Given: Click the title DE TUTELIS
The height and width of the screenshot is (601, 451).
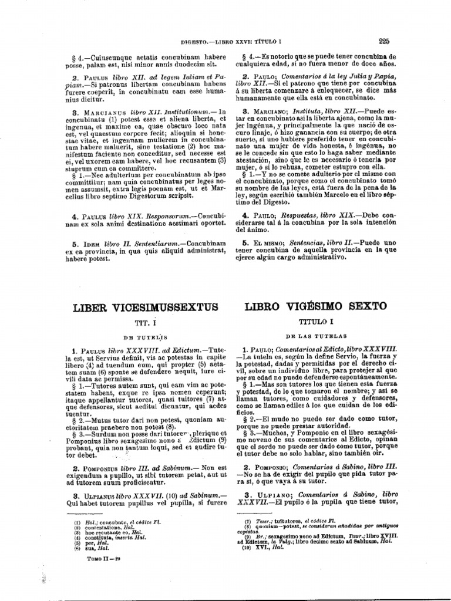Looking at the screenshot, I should click(x=145, y=337).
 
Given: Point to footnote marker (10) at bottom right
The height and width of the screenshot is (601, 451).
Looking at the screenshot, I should click(x=248, y=546).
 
